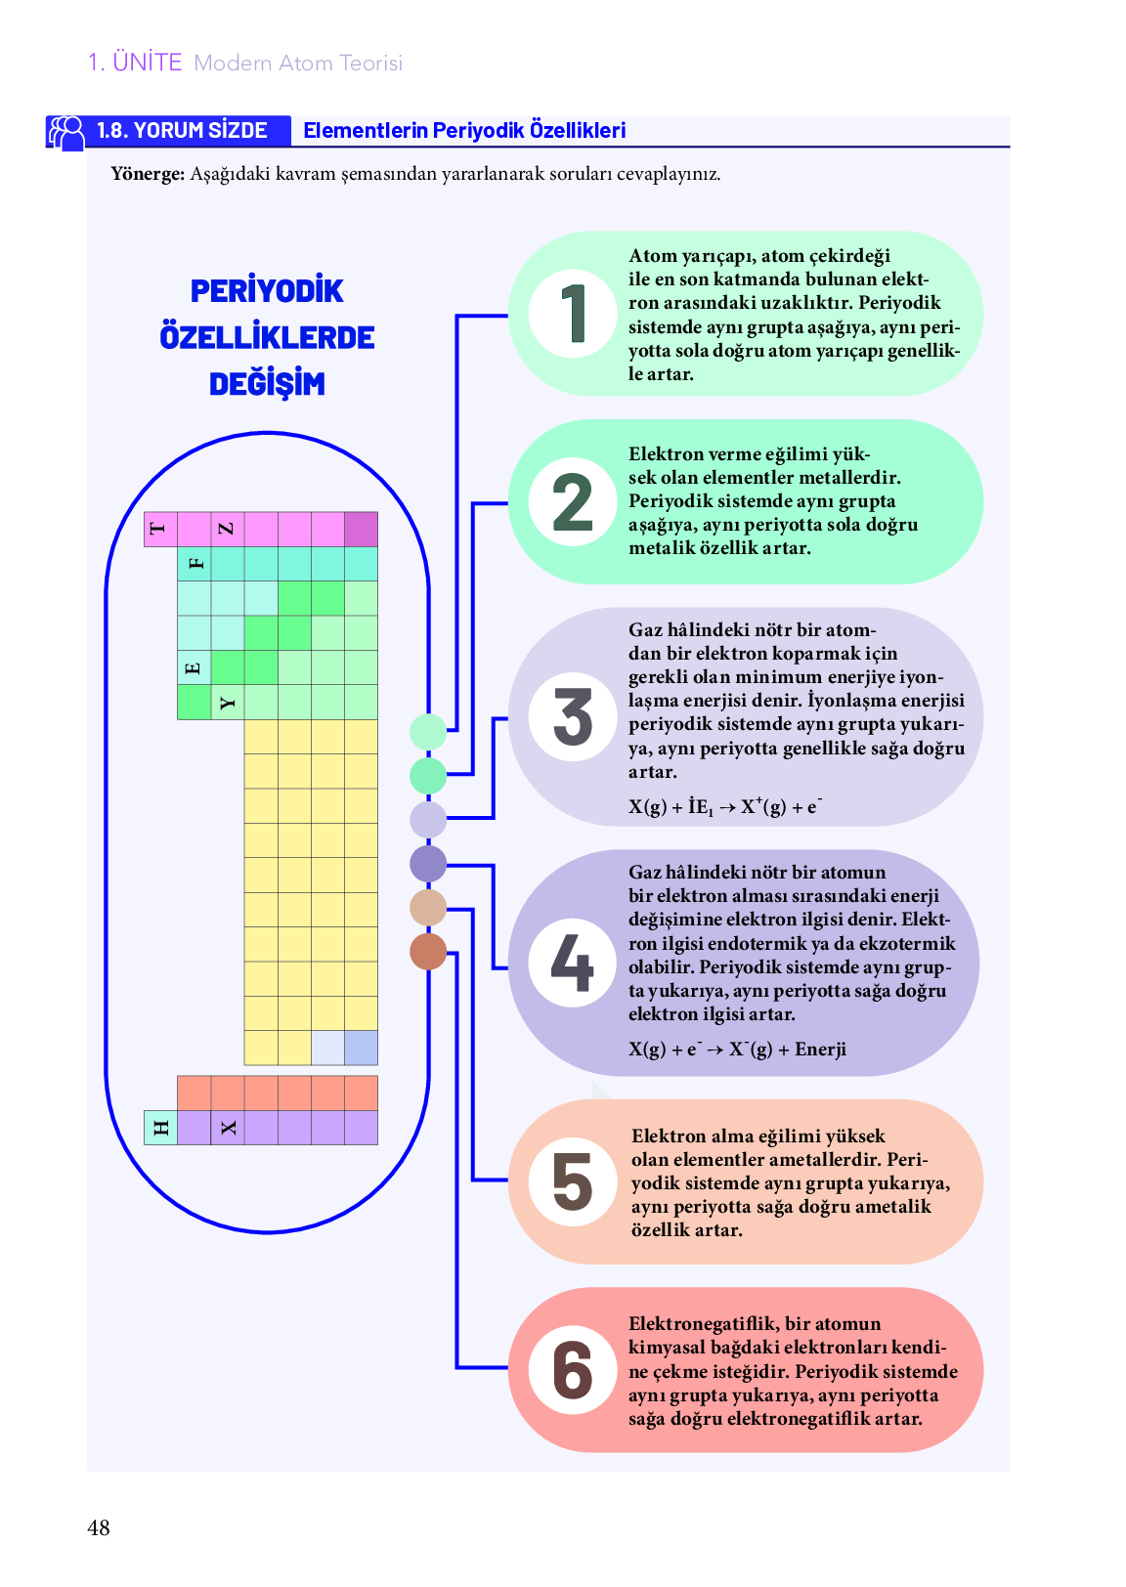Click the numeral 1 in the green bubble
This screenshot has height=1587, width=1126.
click(573, 313)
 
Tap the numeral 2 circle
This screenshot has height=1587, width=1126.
click(573, 501)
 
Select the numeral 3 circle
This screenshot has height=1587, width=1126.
click(573, 716)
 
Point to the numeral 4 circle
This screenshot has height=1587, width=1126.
click(573, 963)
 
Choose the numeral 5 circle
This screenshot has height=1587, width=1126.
click(573, 1181)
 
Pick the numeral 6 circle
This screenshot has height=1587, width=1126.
click(573, 1369)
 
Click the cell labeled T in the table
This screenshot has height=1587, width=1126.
click(160, 529)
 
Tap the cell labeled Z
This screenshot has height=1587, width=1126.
click(228, 529)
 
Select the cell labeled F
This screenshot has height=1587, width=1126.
click(195, 563)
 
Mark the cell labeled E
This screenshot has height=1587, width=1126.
click(195, 667)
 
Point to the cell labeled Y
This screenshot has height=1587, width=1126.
click(228, 702)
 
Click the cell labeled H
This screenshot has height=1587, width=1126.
click(160, 1127)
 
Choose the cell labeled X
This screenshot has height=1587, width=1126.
click(228, 1127)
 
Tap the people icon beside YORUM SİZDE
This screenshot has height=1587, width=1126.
click(65, 133)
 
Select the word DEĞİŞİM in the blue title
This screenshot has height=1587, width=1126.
click(267, 383)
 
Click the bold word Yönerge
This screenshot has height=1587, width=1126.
click(148, 174)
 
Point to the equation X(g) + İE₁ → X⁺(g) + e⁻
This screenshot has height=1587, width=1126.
click(725, 806)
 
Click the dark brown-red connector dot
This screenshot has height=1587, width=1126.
click(428, 951)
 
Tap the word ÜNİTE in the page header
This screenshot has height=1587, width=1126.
click(148, 63)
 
